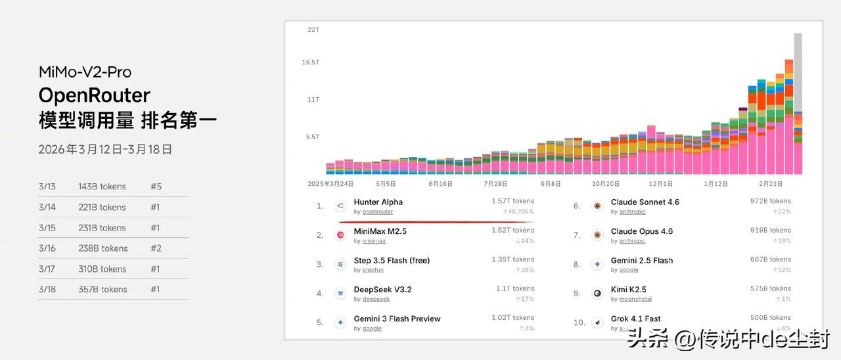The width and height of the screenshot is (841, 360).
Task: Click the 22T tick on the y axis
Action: tap(313, 30)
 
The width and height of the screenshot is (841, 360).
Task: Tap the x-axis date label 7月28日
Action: tap(495, 184)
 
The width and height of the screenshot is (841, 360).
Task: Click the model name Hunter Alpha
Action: tap(378, 202)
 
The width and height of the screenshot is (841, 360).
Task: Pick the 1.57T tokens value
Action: tap(512, 201)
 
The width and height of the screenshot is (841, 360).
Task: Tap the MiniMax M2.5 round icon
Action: tap(340, 235)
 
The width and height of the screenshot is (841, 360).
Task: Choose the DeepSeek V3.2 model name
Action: tap(382, 290)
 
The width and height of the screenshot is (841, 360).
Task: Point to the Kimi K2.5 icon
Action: tap(597, 294)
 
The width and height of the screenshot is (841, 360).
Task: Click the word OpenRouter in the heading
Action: tap(94, 96)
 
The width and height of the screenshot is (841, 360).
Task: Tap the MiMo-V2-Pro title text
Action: tap(85, 72)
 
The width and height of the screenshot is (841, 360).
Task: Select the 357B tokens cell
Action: tap(102, 290)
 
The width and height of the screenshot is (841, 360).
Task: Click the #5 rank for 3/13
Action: tap(156, 187)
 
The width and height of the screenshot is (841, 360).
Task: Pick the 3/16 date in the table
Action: tap(47, 248)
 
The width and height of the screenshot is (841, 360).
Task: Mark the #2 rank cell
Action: tap(156, 248)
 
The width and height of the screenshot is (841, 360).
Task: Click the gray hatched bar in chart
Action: tap(798, 72)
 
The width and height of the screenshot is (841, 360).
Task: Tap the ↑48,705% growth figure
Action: tap(518, 212)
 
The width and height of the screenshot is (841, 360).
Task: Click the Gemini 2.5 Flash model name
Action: tap(641, 261)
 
